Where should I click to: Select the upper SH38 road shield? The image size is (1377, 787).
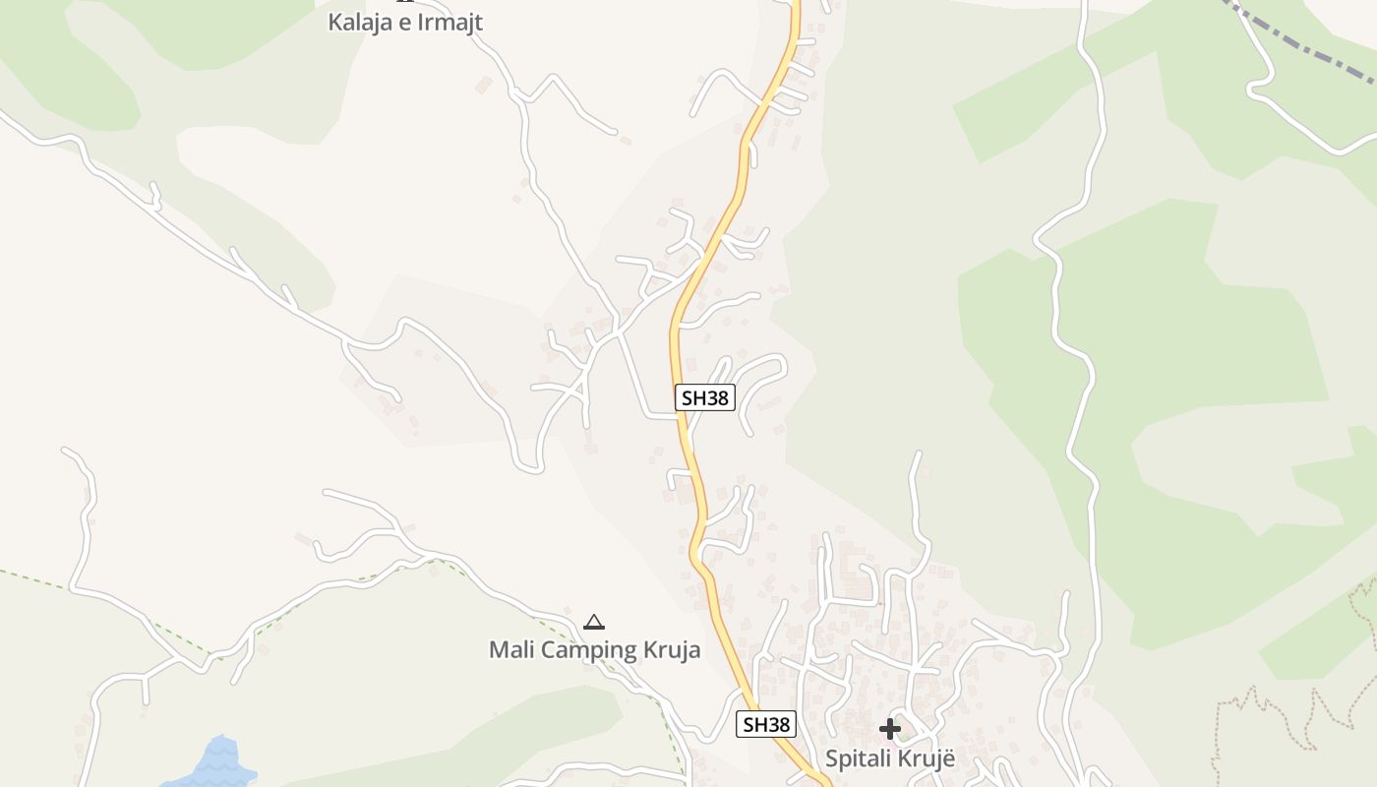(705, 397)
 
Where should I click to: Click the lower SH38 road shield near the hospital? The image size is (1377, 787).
(765, 725)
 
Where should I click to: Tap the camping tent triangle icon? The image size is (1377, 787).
(593, 622)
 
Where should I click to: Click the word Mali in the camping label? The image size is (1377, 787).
(512, 649)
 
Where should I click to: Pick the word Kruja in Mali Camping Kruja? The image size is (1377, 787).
(673, 649)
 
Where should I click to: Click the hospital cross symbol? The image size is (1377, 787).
(890, 729)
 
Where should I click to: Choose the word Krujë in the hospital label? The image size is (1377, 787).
(928, 759)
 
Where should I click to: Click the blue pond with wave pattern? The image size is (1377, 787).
(216, 762)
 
